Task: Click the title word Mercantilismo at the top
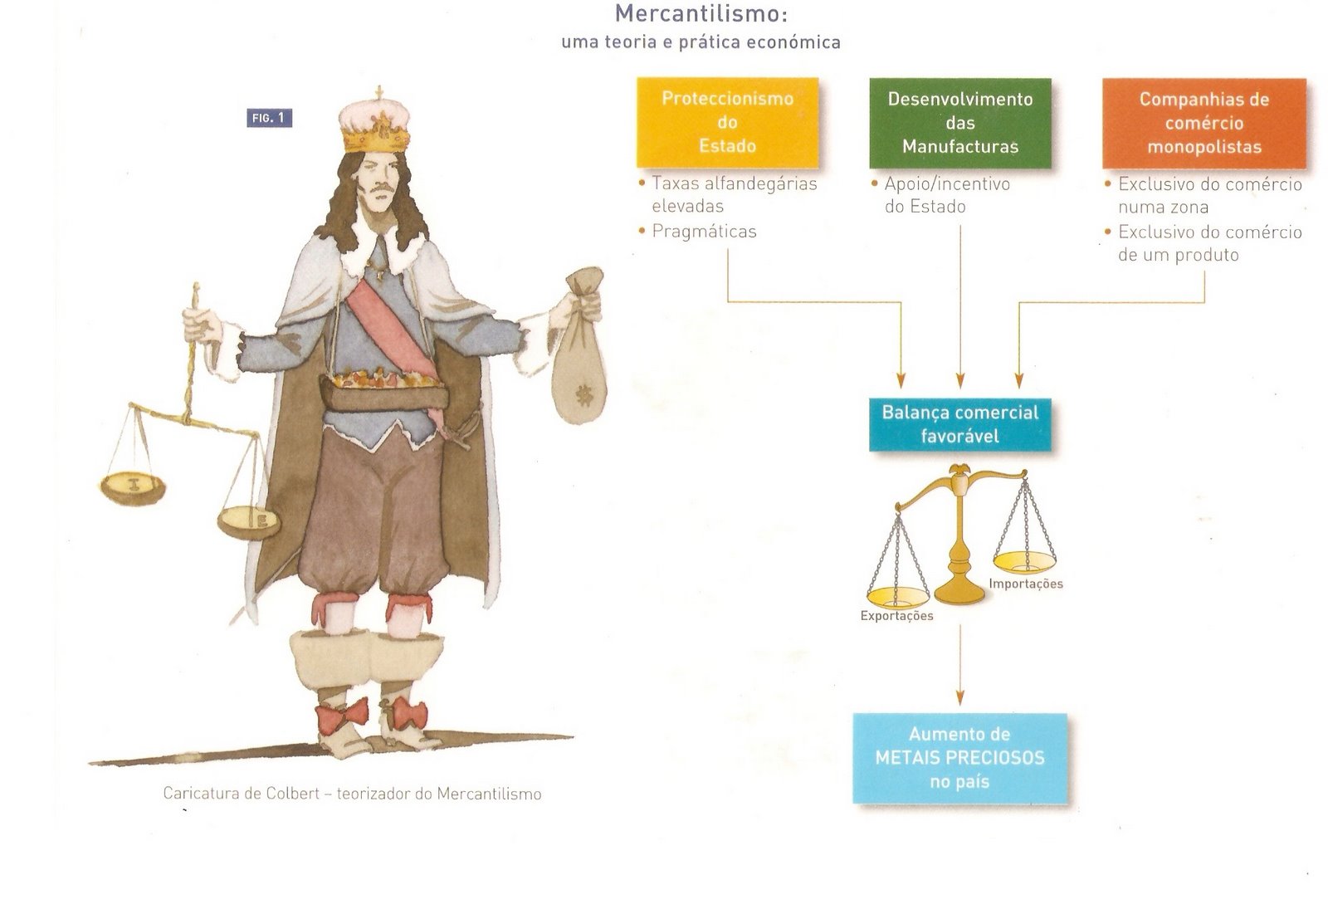(x=701, y=14)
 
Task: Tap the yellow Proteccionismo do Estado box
(x=727, y=122)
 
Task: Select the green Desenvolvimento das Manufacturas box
(x=960, y=123)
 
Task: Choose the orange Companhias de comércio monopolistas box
(x=1203, y=123)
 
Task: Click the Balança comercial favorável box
(x=959, y=424)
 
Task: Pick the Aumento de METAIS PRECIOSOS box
(x=959, y=757)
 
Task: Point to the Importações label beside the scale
(x=1025, y=584)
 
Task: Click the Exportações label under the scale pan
(x=896, y=616)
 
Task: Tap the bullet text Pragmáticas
(x=704, y=232)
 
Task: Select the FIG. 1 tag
(x=269, y=118)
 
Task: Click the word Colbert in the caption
(x=292, y=794)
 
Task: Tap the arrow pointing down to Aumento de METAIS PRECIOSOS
(x=960, y=664)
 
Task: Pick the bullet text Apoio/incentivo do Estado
(x=946, y=195)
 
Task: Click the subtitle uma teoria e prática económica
(x=701, y=42)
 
